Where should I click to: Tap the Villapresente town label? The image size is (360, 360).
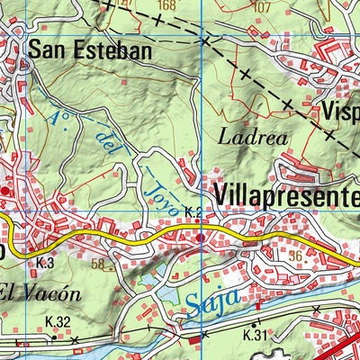(x=286, y=196)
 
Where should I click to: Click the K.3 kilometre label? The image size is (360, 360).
(x=45, y=262)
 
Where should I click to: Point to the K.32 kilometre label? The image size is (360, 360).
(x=57, y=321)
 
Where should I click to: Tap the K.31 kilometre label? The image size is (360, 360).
(x=255, y=334)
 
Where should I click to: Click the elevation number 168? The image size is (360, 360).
(x=166, y=6)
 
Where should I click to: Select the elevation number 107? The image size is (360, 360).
(x=261, y=8)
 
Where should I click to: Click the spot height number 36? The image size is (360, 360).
(x=294, y=255)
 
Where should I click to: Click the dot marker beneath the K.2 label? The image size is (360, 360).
(x=199, y=238)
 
